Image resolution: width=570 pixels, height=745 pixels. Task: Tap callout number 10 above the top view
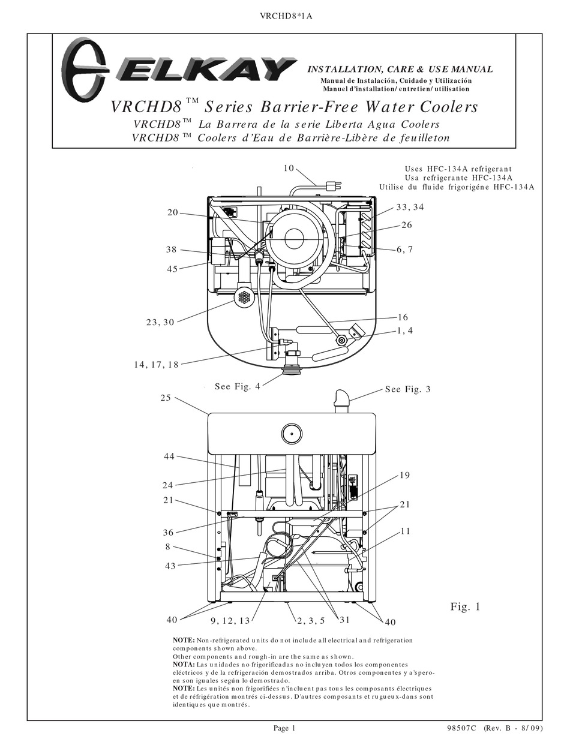289,169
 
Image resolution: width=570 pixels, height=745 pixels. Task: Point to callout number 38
172,250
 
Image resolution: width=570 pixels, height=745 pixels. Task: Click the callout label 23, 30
160,322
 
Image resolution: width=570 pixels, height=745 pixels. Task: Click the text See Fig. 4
238,387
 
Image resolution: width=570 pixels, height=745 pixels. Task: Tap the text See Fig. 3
408,389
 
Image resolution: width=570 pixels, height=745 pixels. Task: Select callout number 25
166,398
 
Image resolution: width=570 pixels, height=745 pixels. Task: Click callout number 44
169,457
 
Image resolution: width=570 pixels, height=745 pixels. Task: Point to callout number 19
404,476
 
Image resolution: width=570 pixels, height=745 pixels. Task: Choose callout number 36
168,532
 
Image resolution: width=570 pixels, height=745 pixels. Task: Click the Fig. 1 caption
466,607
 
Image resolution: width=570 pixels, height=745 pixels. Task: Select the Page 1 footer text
285,728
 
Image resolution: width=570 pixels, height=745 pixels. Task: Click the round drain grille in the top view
244,297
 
